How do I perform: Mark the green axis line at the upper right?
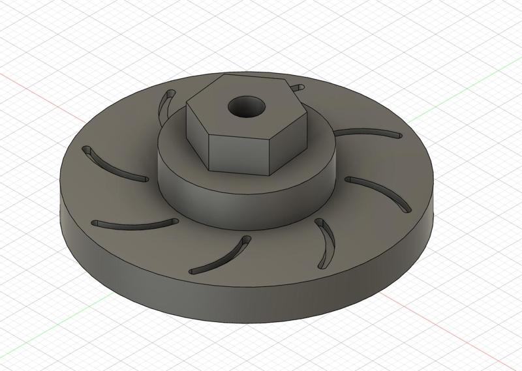pyautogui.click(x=470, y=85)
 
